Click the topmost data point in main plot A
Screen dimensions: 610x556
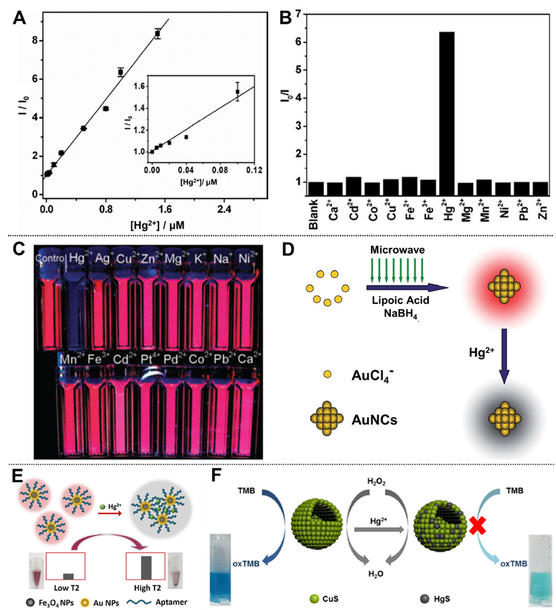click(x=157, y=33)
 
